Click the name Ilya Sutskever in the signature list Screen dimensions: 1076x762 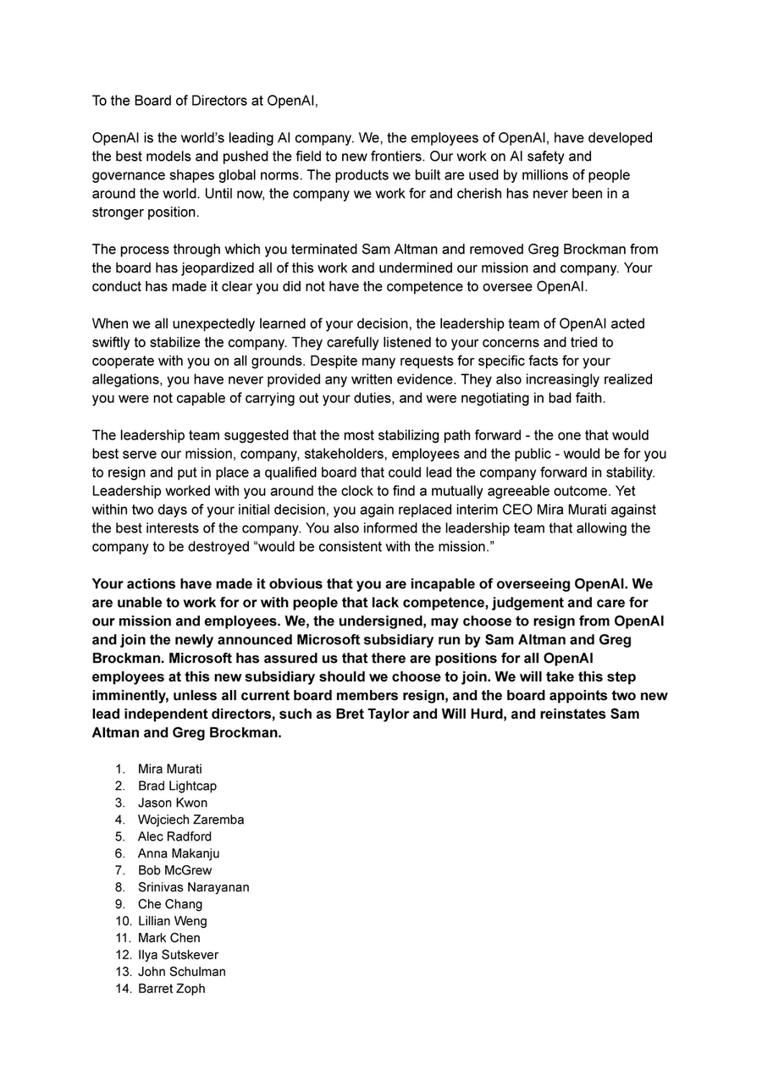coord(178,955)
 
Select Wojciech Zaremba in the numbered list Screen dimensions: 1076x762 coord(190,819)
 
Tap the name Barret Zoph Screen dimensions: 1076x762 coord(171,989)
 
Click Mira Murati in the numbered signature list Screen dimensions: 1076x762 coord(169,769)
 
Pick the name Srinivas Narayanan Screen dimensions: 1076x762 coord(193,887)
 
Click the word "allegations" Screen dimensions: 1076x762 coord(126,379)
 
